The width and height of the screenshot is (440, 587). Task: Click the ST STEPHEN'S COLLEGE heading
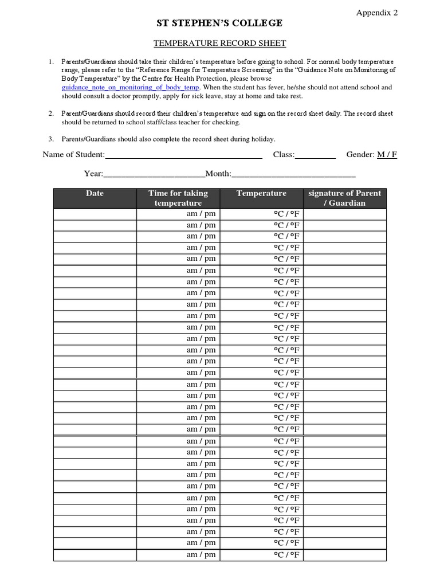(x=220, y=24)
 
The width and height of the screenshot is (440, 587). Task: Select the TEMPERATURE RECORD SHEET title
(x=220, y=43)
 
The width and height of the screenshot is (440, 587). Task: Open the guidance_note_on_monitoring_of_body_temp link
(x=131, y=87)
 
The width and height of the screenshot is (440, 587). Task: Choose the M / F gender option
(x=387, y=155)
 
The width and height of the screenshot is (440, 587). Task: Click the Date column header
(x=95, y=194)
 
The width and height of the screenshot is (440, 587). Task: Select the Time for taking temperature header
(x=178, y=198)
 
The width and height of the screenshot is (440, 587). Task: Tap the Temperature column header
(x=261, y=194)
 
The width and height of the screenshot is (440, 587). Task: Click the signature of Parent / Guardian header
(x=344, y=198)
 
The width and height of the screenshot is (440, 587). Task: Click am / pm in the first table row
(x=201, y=214)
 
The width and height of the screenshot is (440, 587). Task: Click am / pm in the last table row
(x=201, y=554)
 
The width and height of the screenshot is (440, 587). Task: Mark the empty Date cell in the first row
(x=95, y=214)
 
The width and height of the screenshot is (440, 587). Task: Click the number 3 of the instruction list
(x=50, y=139)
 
